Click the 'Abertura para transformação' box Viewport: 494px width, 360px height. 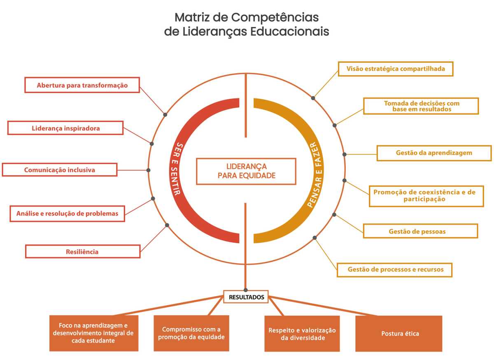pyautogui.click(x=82, y=85)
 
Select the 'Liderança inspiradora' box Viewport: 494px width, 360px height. pyautogui.click(x=65, y=128)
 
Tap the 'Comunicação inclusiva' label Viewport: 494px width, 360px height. pyautogui.click(x=60, y=170)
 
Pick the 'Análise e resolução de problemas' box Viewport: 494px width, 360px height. pyautogui.click(x=67, y=214)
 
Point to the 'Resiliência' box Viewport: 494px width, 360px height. pyautogui.click(x=82, y=251)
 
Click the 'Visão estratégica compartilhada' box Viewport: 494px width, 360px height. pyautogui.click(x=395, y=69)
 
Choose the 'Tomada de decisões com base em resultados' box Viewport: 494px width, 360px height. pyautogui.click(x=421, y=106)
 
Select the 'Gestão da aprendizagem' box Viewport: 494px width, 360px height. pyautogui.click(x=434, y=153)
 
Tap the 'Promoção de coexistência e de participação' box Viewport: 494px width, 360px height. pyautogui.click(x=426, y=195)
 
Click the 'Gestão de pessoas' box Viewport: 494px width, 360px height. pyautogui.click(x=420, y=231)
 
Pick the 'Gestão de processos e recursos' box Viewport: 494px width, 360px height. pyautogui.click(x=394, y=269)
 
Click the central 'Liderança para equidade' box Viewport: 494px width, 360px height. pyautogui.click(x=246, y=171)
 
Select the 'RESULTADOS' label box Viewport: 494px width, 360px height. pyautogui.click(x=246, y=297)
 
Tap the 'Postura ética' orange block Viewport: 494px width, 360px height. pyautogui.click(x=398, y=334)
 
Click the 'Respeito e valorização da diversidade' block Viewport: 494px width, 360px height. pyautogui.click(x=302, y=334)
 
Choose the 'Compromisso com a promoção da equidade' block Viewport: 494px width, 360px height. pyautogui.click(x=191, y=333)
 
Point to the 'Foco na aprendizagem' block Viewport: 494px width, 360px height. pyautogui.click(x=93, y=333)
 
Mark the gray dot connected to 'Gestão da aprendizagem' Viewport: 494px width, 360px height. pyautogui.click(x=345, y=154)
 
